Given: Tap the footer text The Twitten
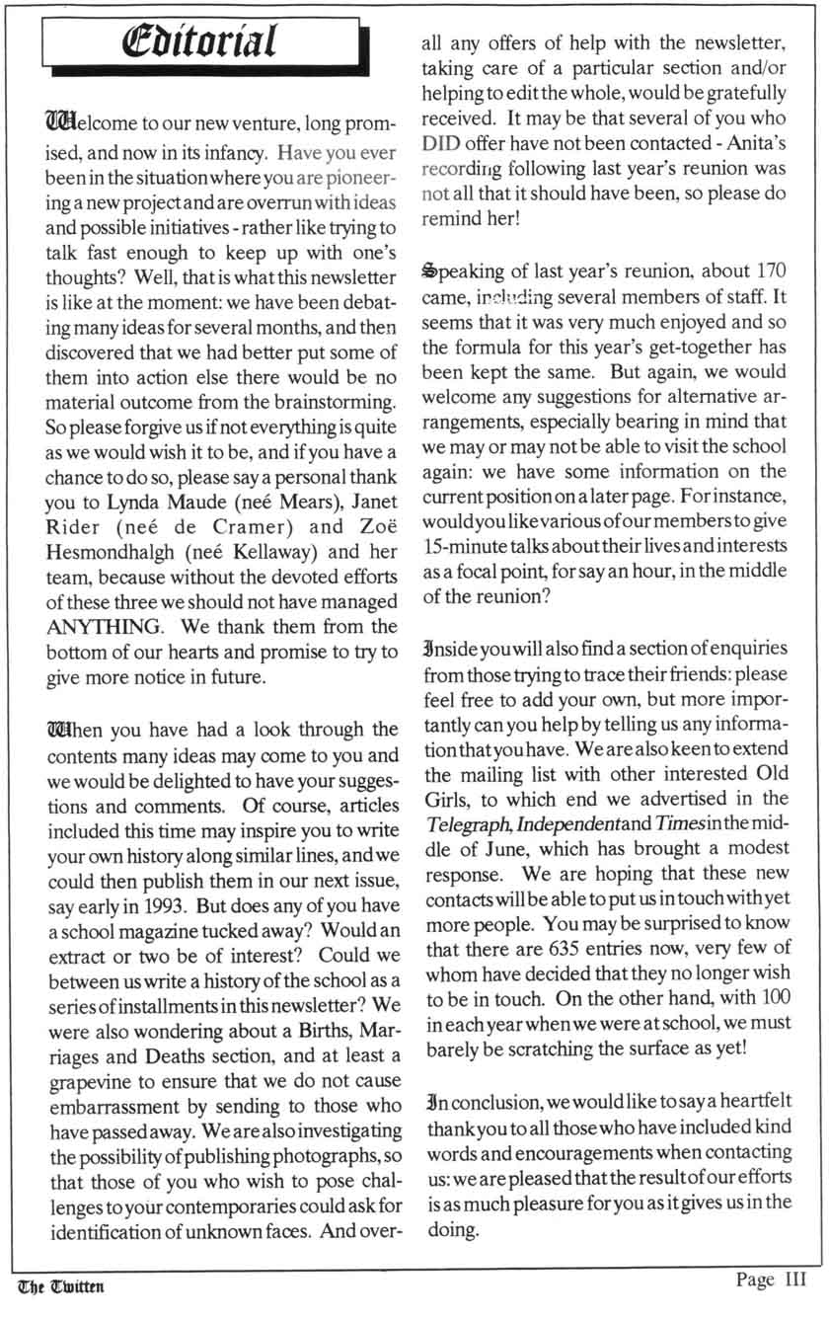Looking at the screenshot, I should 60,1285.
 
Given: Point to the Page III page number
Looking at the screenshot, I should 771,1281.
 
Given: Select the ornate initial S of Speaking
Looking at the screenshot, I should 429,270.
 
